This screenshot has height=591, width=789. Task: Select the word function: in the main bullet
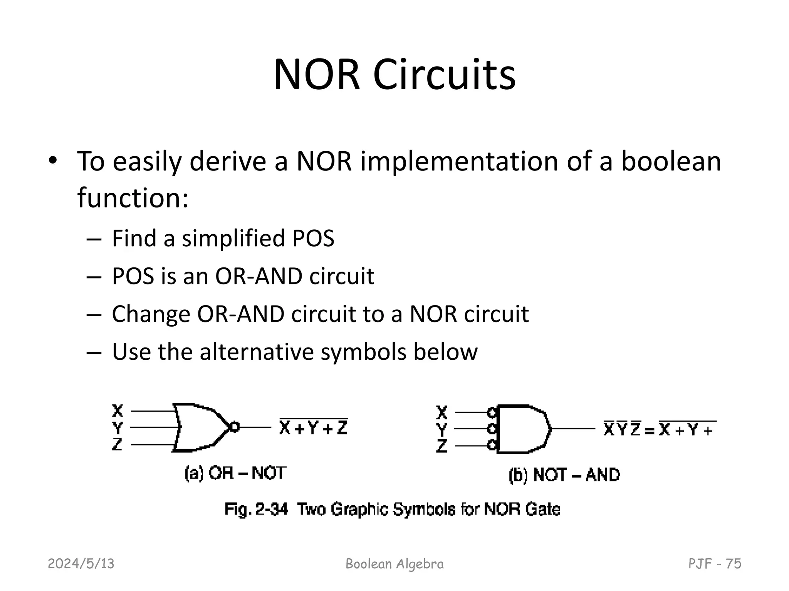point(133,198)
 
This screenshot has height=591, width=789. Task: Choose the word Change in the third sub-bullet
point(151,314)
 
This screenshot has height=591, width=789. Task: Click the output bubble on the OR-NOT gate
point(234,427)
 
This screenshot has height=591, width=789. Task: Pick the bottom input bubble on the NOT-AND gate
point(491,446)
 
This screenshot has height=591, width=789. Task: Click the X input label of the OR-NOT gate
point(118,411)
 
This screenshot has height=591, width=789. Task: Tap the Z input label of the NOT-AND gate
point(442,446)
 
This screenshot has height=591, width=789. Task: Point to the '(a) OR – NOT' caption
point(235,473)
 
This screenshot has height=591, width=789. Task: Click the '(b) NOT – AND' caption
point(564,475)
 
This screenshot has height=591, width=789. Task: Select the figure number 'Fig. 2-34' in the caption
point(256,509)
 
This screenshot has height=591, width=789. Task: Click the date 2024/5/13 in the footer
point(81,564)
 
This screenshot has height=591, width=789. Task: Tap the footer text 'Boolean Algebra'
point(394,564)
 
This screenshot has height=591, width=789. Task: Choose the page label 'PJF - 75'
point(715,564)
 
